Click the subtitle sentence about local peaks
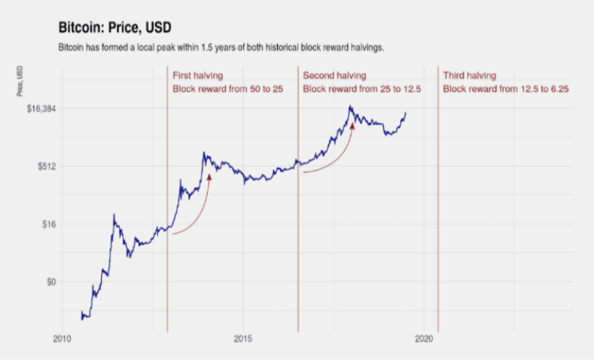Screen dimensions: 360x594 pos(221,48)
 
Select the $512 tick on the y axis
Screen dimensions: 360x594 pos(43,166)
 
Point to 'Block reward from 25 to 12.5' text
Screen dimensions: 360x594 pos(362,89)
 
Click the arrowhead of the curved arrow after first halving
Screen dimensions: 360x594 pos(209,178)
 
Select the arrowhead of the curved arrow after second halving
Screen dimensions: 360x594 pos(351,124)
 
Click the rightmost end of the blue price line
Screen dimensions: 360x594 pos(405,112)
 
